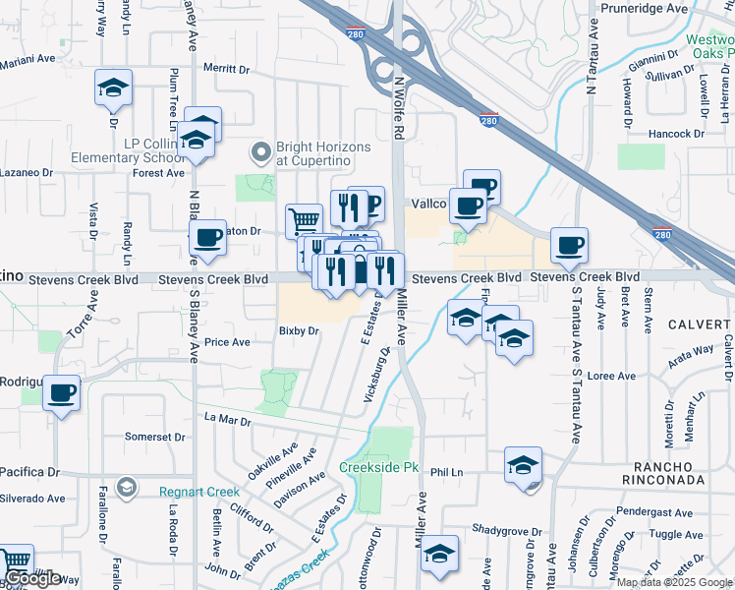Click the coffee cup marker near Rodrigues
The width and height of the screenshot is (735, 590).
pos(63,393)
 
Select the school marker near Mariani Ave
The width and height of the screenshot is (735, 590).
pos(113,88)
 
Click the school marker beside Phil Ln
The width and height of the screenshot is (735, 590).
pos(524,464)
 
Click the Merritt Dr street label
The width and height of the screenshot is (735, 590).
pos(228,69)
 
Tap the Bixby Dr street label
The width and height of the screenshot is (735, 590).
pos(300,331)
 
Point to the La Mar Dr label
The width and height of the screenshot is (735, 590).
pos(228,420)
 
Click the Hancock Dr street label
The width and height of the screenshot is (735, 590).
pos(677,133)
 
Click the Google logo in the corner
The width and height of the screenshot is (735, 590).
pos(32,578)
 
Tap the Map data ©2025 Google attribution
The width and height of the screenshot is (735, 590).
pos(674,582)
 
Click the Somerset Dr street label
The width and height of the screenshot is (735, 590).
pos(155,437)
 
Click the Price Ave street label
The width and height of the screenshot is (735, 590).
pos(227,342)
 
